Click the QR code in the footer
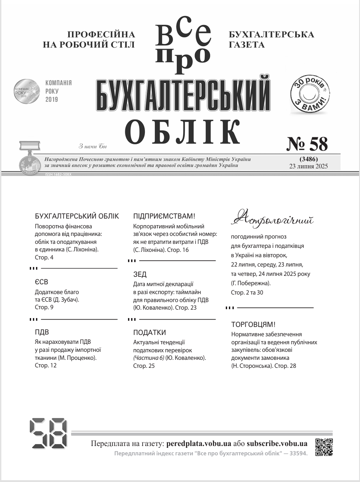(x=324, y=447)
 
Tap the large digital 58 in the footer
(x=48, y=434)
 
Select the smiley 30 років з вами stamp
(x=311, y=95)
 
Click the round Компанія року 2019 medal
(x=27, y=91)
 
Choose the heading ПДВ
(x=42, y=332)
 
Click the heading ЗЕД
(x=140, y=275)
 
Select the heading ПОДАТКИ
(x=150, y=332)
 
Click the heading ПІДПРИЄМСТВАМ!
(x=164, y=216)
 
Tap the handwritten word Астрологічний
(x=273, y=219)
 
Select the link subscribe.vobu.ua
(x=277, y=443)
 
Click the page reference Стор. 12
(x=46, y=366)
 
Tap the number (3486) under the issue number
(x=308, y=159)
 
